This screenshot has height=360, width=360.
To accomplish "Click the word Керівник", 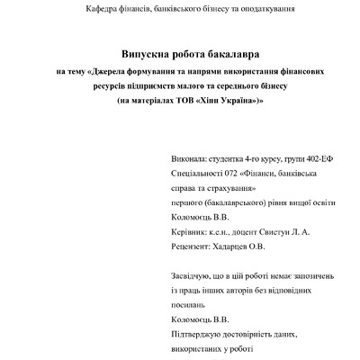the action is [189, 232].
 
